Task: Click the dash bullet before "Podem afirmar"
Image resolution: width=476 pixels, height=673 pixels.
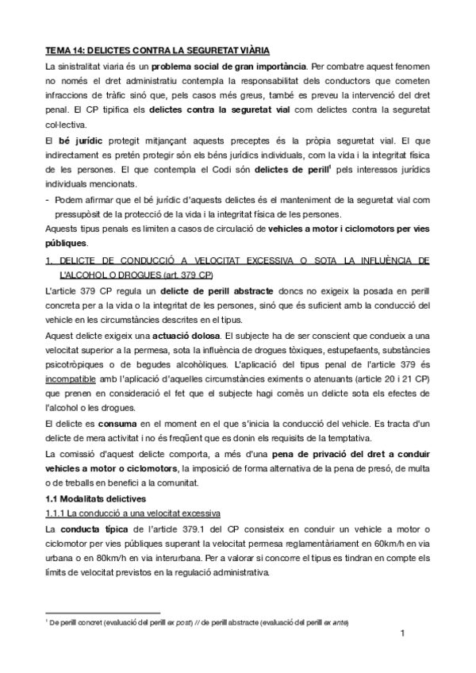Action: (49, 199)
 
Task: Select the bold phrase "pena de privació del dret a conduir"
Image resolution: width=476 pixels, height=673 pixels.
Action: (340, 455)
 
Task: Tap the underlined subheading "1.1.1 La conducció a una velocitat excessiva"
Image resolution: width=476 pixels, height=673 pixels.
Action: (132, 513)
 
